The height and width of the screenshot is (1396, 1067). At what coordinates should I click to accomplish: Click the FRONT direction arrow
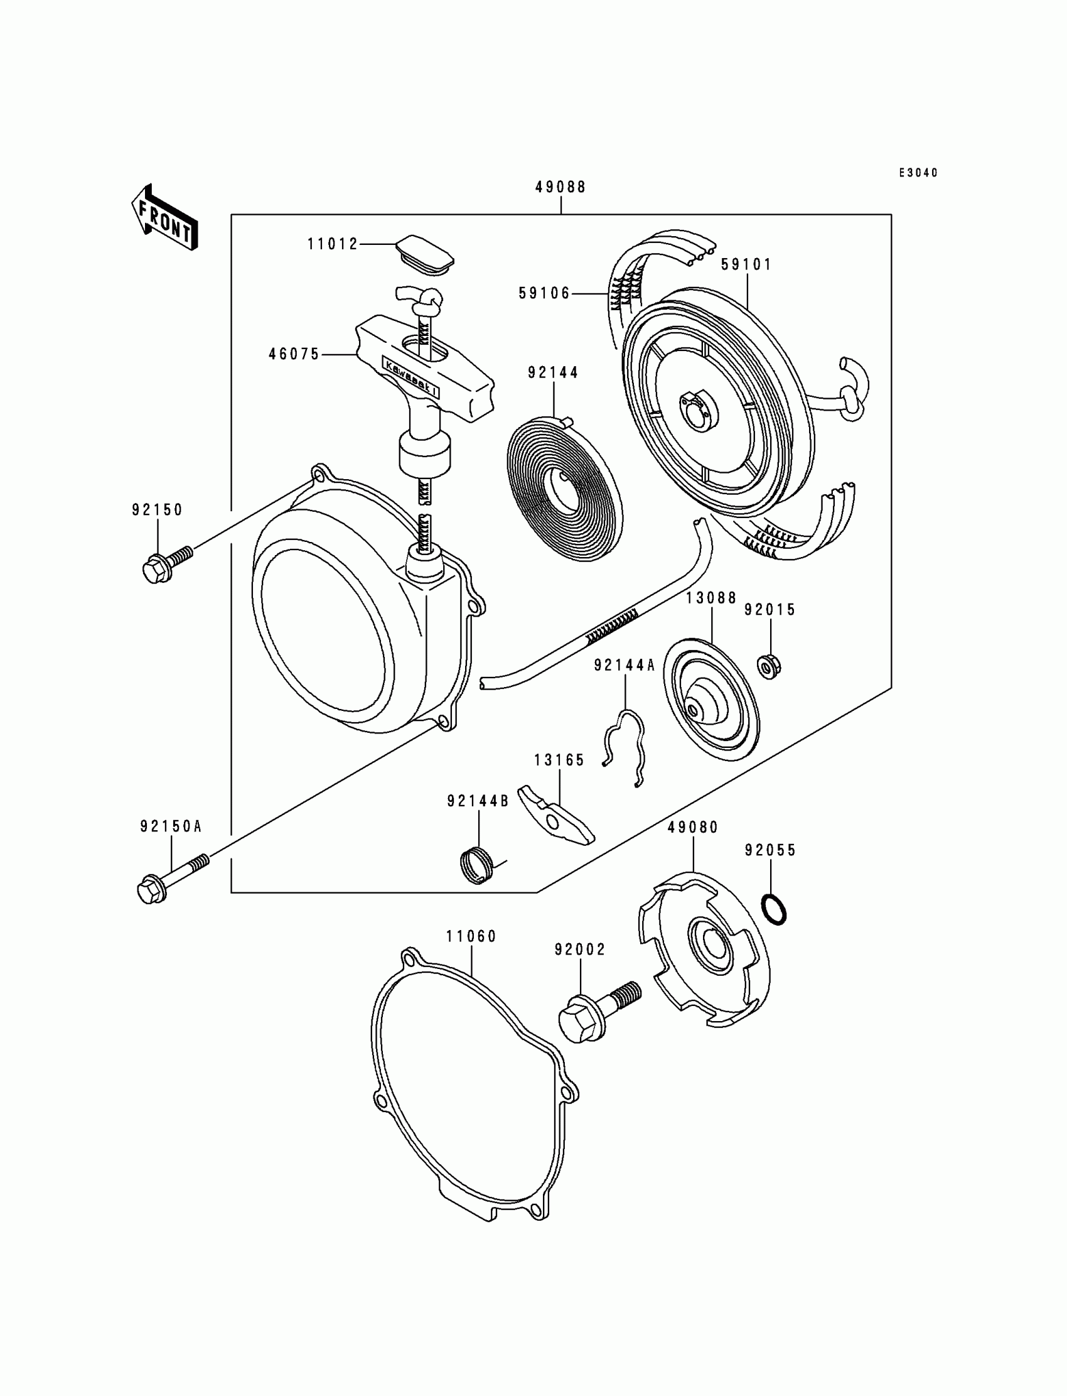(x=164, y=218)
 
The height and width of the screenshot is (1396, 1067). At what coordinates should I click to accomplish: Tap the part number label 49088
(x=560, y=187)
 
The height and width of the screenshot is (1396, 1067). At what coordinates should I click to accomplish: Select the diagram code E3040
(x=918, y=173)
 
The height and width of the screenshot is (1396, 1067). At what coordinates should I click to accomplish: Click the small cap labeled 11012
(x=426, y=256)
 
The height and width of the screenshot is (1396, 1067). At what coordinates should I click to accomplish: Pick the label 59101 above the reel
(x=746, y=264)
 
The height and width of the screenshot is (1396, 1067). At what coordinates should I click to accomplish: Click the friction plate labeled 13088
(x=710, y=700)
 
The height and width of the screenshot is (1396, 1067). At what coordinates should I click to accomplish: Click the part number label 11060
(x=471, y=936)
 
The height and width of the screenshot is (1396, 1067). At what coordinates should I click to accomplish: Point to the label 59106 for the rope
(x=544, y=293)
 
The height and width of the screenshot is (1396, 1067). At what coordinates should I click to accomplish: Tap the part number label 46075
(x=294, y=355)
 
